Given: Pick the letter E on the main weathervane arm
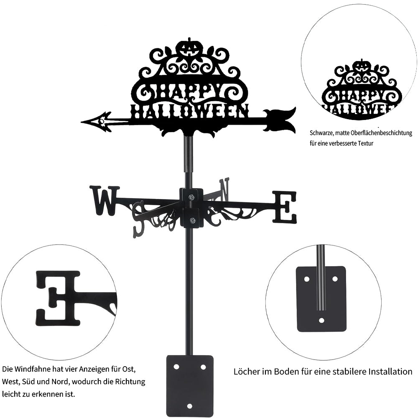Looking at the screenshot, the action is point(284,207).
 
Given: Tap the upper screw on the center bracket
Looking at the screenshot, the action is point(191,197).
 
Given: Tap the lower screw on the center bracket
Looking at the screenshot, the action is point(191,220).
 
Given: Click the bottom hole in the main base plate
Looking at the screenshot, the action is point(189,406).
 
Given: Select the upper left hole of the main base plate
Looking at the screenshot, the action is point(176,367).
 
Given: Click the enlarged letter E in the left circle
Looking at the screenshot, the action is point(58,298).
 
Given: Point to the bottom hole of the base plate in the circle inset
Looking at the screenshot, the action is point(321,320).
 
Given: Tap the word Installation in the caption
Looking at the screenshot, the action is point(390,371).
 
